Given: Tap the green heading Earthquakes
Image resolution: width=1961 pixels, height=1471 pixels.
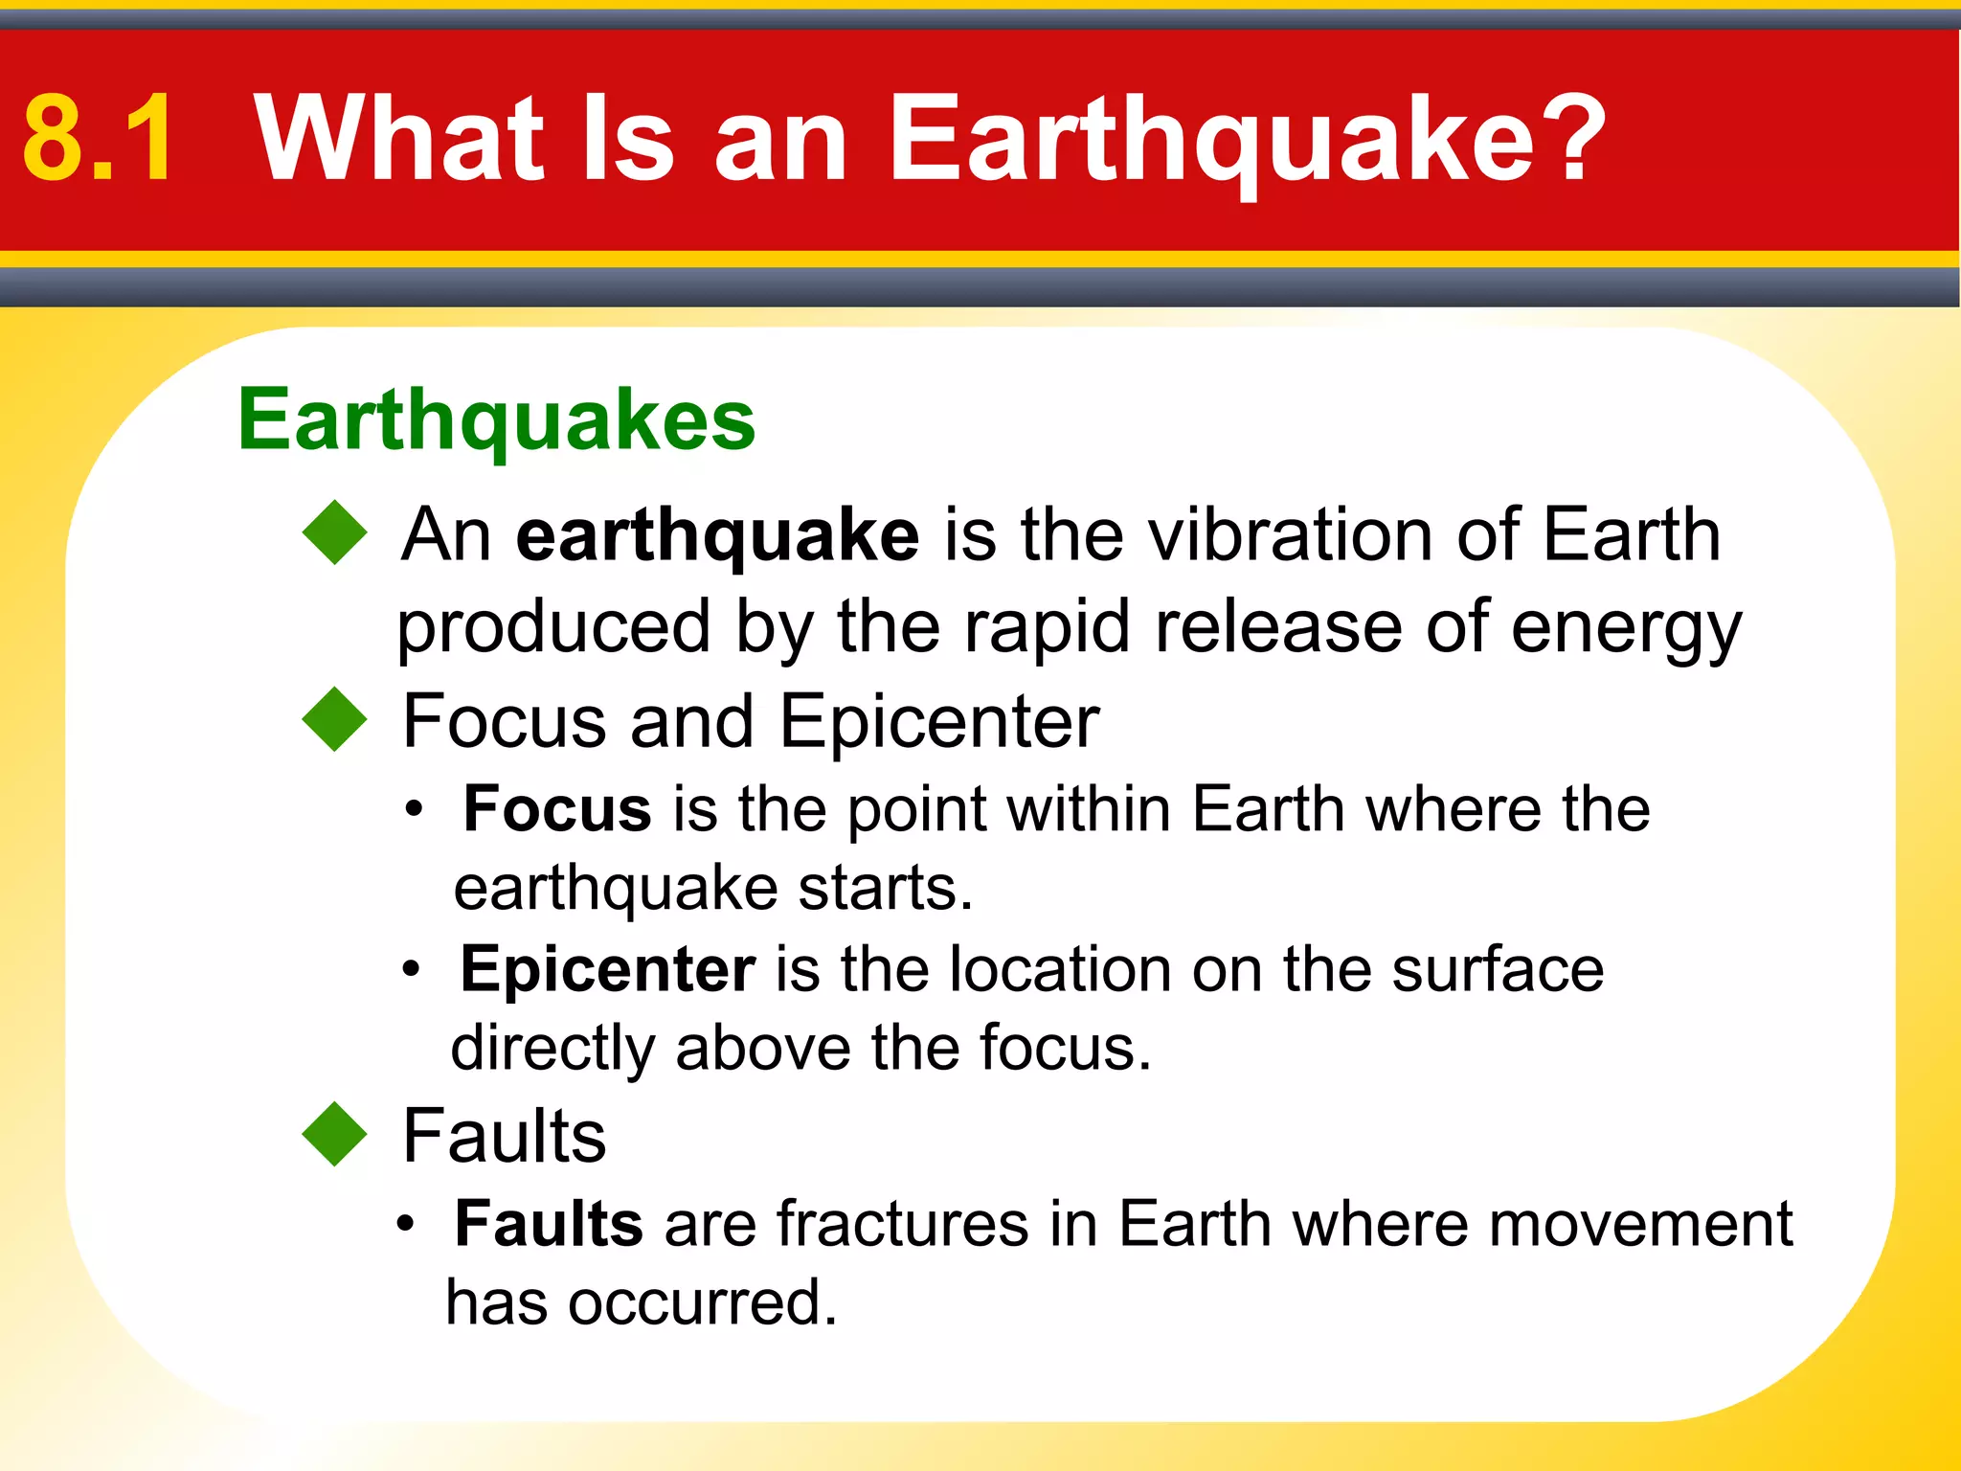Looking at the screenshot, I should [496, 421].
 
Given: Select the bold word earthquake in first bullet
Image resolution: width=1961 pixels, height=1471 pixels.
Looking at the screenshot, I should [717, 536].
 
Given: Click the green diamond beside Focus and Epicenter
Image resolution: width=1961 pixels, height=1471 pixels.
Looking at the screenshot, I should [334, 720].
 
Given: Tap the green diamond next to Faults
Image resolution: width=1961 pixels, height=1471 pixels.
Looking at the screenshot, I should [334, 1135].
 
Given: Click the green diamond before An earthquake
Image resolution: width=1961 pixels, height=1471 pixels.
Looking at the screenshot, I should [334, 532].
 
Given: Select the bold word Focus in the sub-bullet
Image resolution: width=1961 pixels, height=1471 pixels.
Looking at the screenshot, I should [557, 809].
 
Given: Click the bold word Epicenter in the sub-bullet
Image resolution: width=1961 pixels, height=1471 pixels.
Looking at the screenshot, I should [607, 969].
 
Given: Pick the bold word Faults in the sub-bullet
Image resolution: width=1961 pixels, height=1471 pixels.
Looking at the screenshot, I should [548, 1224].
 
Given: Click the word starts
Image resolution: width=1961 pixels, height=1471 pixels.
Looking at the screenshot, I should [885, 888].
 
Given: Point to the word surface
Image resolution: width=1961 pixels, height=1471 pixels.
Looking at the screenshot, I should [1498, 969].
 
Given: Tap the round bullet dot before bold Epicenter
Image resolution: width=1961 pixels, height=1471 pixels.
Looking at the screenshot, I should [411, 970].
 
